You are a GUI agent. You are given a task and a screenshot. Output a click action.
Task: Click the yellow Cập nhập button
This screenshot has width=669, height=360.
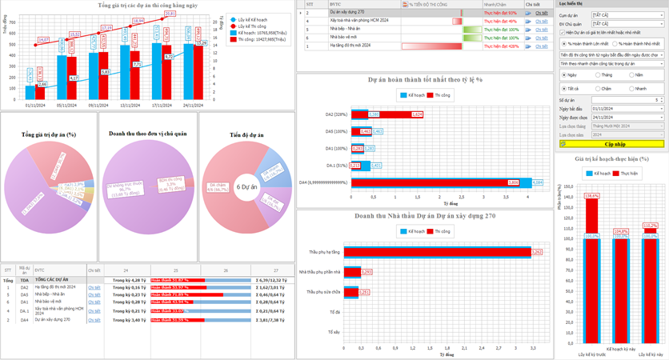click(x=612, y=144)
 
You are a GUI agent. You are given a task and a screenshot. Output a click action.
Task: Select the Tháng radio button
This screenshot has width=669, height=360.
click(x=596, y=75)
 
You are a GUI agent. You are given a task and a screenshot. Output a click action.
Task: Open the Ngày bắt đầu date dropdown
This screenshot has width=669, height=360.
click(x=661, y=109)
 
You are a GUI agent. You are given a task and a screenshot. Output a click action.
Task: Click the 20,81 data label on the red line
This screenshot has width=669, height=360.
click(x=170, y=14)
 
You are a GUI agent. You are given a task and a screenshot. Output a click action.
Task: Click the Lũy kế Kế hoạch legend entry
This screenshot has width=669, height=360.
click(x=250, y=19)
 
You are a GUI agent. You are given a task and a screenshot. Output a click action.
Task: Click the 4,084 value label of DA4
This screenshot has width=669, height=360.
click(x=537, y=182)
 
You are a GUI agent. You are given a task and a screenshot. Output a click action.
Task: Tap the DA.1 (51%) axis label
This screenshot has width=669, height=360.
click(x=336, y=166)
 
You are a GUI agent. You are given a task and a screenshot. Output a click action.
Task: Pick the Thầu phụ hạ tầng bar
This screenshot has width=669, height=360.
click(x=441, y=252)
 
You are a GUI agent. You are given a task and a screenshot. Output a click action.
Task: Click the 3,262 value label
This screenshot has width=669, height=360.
click(x=537, y=252)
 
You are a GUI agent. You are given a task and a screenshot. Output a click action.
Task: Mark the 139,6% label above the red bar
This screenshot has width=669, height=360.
click(x=592, y=195)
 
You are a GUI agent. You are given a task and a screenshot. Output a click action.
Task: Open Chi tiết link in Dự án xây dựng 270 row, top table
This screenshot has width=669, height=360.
click(x=542, y=13)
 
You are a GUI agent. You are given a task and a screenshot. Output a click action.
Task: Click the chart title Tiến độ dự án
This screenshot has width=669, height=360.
click(x=246, y=135)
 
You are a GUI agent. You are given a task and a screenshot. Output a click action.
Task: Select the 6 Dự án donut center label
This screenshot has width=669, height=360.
click(x=246, y=186)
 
